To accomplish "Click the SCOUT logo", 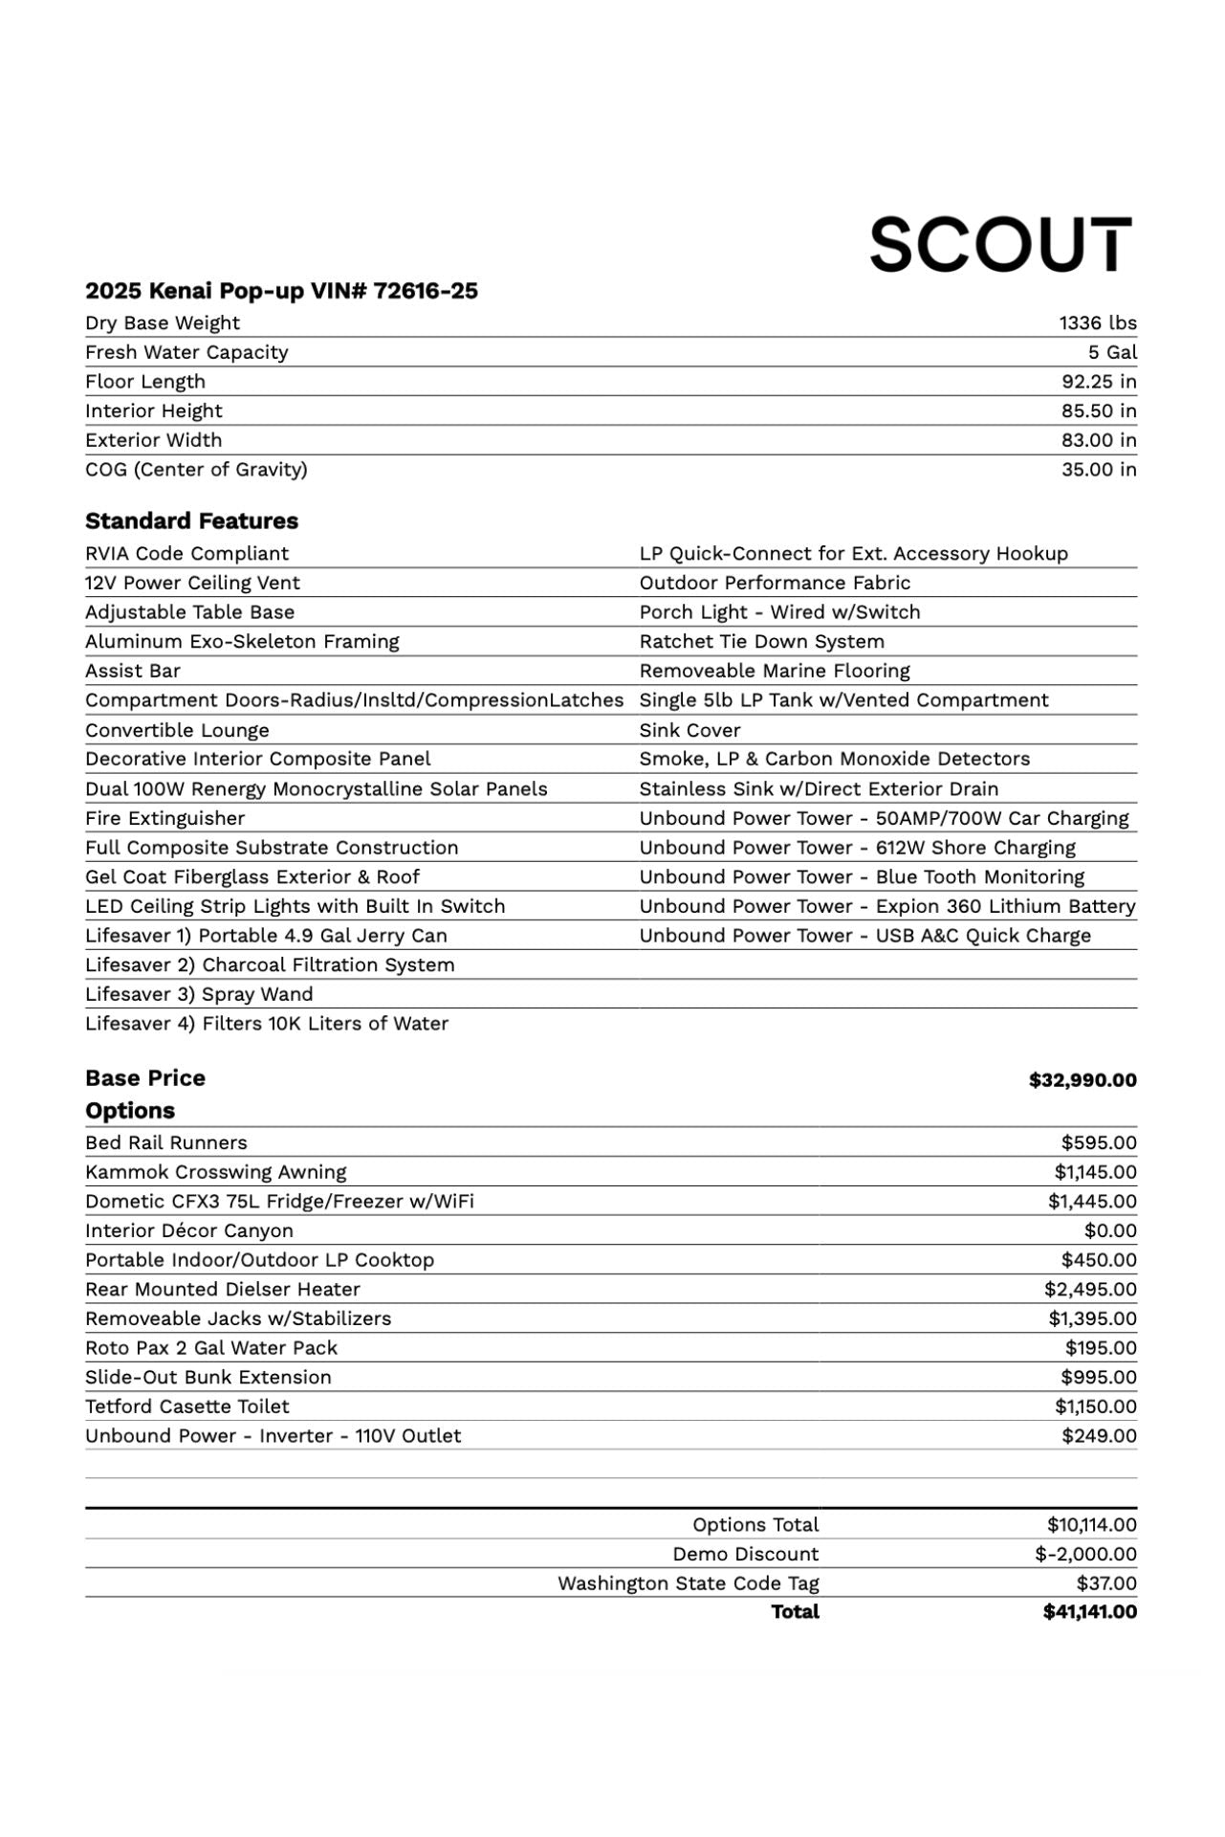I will coord(1000,244).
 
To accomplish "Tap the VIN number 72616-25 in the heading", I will coord(426,291).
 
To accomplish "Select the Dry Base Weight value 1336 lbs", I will coord(1097,323).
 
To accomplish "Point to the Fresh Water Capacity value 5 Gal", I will coord(1112,352).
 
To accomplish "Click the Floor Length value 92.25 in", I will coord(1099,382).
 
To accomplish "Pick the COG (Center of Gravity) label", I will coord(196,470).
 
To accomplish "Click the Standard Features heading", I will coord(191,521).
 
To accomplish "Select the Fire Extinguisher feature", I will coord(164,818).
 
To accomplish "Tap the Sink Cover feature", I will coord(689,730).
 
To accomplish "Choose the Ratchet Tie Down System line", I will coord(761,641).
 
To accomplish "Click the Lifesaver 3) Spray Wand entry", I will coord(199,994).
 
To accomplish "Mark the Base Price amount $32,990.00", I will coord(1083,1080).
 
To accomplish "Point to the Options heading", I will coord(130,1111).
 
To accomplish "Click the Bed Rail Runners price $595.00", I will coord(1099,1142).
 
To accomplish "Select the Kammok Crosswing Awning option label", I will coord(215,1172).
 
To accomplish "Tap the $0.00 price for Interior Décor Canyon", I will coord(1110,1230).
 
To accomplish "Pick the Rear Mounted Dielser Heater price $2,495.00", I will coord(1090,1289).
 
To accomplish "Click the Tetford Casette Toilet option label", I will coord(186,1406).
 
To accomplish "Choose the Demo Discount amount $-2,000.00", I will coord(1085,1554).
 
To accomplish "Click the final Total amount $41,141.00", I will coord(1089,1612).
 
